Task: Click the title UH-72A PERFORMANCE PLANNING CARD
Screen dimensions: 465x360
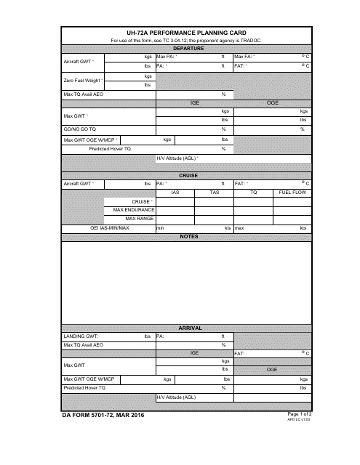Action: click(x=187, y=33)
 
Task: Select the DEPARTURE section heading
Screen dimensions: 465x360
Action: click(x=188, y=48)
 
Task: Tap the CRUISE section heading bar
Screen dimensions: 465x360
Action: click(x=188, y=175)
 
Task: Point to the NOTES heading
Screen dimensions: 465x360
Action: click(x=188, y=236)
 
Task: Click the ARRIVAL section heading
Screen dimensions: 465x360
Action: click(x=188, y=328)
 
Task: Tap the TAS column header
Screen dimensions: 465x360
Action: click(x=214, y=193)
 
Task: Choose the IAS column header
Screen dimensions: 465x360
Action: click(x=175, y=193)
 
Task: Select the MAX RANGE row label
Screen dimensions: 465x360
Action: click(x=139, y=218)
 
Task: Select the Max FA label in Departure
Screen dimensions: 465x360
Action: click(x=244, y=56)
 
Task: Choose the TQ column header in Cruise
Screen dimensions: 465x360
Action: click(x=254, y=193)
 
